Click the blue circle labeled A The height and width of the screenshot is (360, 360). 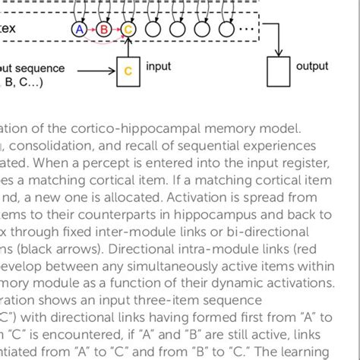click(x=78, y=30)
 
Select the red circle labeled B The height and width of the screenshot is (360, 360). click(x=103, y=30)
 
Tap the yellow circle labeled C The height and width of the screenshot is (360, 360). click(x=128, y=30)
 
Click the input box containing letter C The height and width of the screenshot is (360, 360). click(x=128, y=71)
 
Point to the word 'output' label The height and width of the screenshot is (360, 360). click(x=312, y=67)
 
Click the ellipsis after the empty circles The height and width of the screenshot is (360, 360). click(x=248, y=30)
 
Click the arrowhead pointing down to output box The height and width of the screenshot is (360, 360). click(x=281, y=55)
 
